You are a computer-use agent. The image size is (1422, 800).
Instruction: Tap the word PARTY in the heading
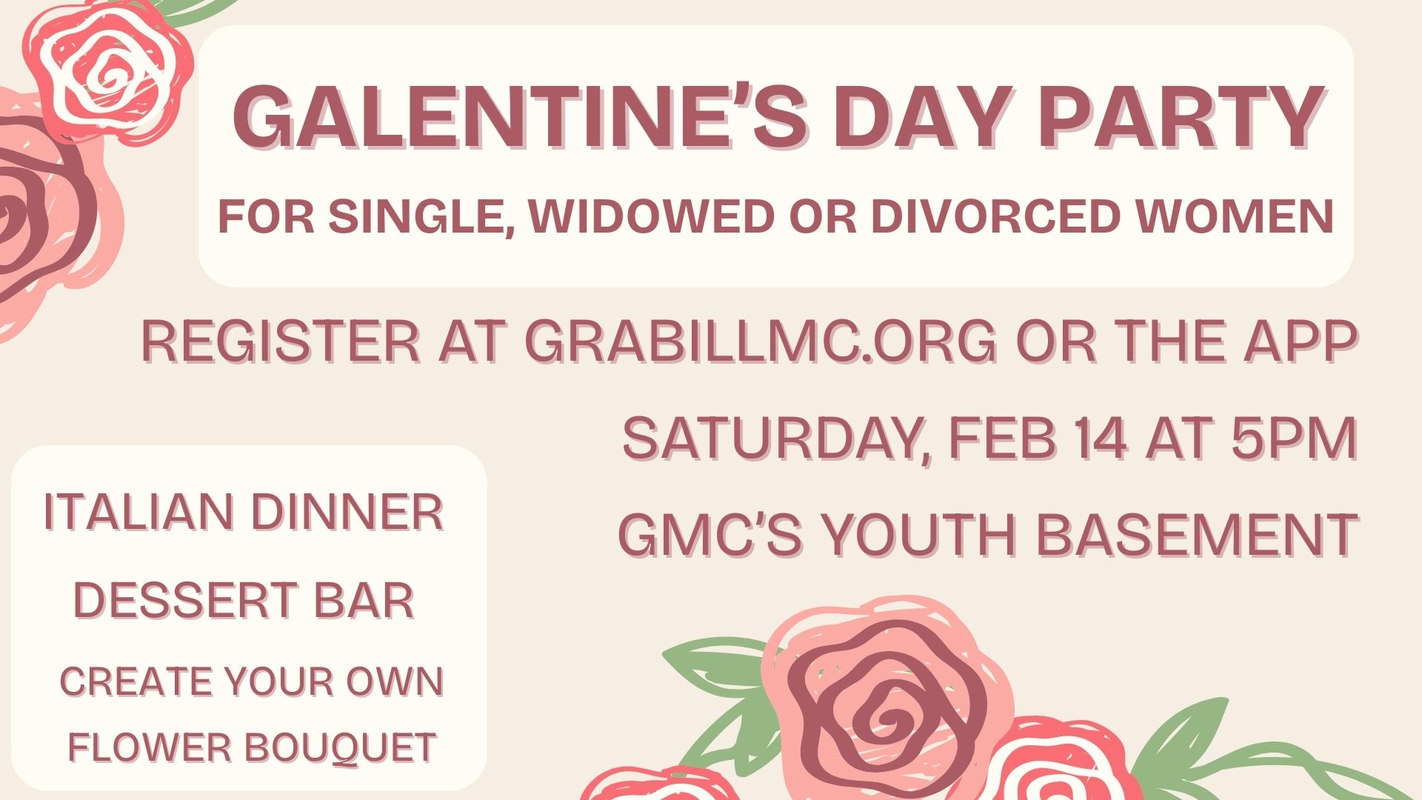(x=1181, y=118)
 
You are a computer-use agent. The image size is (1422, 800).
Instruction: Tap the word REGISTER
(x=281, y=341)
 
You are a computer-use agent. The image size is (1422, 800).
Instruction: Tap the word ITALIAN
(x=140, y=512)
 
